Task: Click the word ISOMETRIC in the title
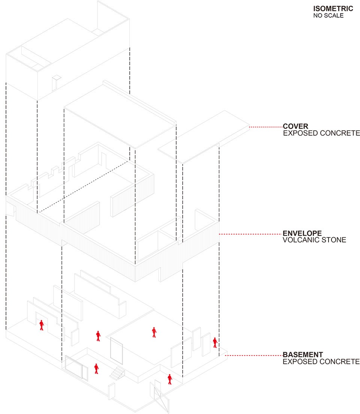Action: (x=333, y=9)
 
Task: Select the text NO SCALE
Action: (x=328, y=16)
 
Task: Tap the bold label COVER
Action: (x=295, y=126)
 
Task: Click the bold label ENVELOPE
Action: (x=302, y=233)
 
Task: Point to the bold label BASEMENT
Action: (x=303, y=354)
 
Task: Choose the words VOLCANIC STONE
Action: (x=314, y=240)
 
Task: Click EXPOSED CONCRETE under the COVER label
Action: (x=321, y=133)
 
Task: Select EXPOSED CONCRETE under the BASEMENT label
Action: (x=321, y=362)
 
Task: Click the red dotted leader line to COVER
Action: (x=265, y=127)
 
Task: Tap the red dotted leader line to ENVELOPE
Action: (x=250, y=234)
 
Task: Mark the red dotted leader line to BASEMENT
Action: (x=253, y=356)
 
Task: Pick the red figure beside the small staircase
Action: (x=96, y=369)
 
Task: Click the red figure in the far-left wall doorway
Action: (x=42, y=325)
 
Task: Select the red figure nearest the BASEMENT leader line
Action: (x=215, y=342)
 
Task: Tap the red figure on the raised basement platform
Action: (x=154, y=332)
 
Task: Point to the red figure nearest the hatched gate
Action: (x=170, y=379)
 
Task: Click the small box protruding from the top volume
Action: (x=56, y=83)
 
